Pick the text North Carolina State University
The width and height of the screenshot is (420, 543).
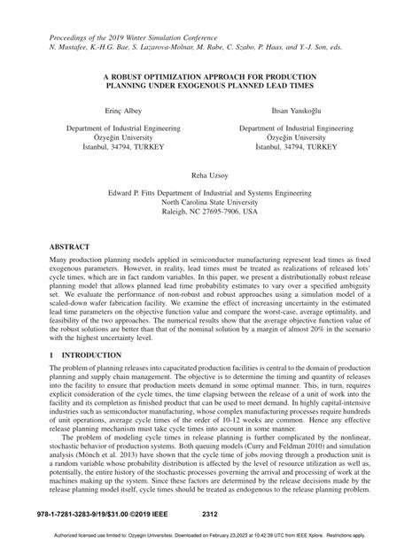pos(209,202)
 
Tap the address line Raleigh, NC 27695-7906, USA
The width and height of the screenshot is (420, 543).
pos(209,213)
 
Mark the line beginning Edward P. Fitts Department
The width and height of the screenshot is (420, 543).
pos(209,191)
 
